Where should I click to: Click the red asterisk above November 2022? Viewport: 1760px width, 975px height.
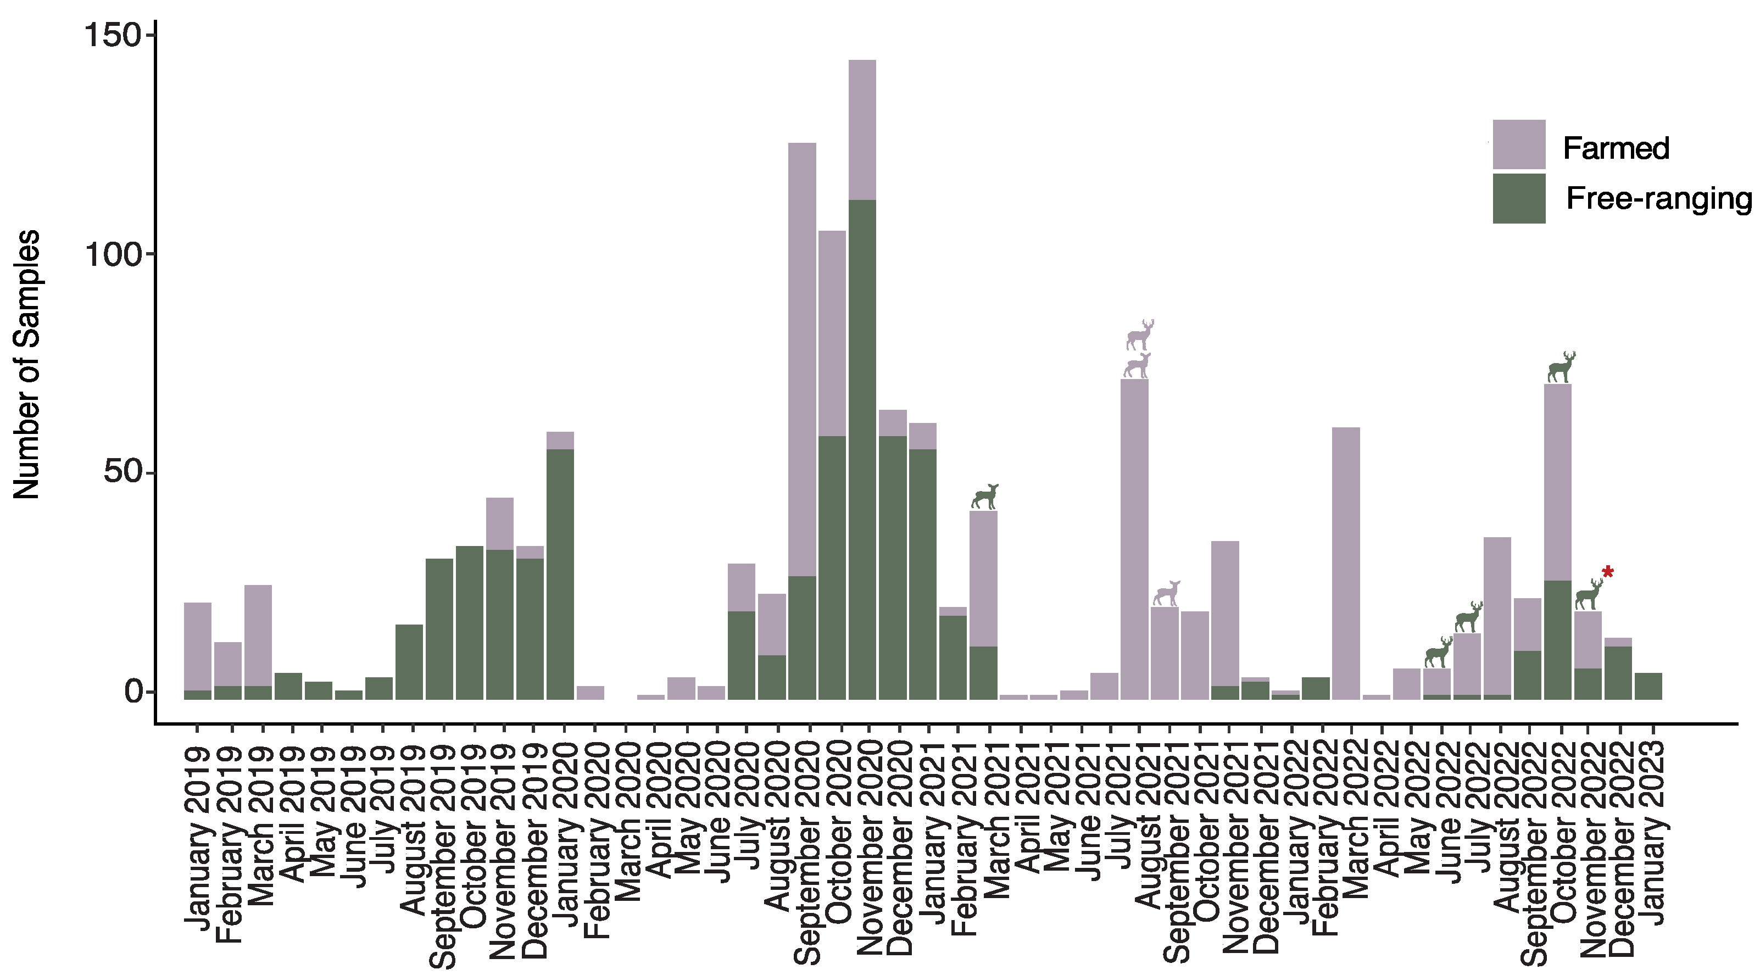pos(1608,572)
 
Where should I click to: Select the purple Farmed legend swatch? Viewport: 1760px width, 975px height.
pos(1518,144)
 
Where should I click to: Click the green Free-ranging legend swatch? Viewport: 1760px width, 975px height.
pos(1518,198)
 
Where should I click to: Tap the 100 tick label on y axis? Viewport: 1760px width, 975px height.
pos(112,255)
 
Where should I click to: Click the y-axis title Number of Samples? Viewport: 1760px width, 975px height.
pos(27,364)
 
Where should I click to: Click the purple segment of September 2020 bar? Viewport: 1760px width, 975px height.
pos(802,355)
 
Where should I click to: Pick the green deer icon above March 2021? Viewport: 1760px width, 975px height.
pos(984,497)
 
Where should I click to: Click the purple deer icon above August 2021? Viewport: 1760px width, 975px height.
pos(1166,593)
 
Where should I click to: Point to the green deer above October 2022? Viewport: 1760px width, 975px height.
pos(1561,367)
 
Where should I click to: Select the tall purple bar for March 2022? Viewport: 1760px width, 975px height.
pos(1346,560)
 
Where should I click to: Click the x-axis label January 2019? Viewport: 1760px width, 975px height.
pos(197,838)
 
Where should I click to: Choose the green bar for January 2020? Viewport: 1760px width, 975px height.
pos(560,574)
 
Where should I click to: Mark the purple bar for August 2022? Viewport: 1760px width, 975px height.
pos(1497,615)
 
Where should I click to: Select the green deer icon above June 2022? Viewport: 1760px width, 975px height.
pos(1438,653)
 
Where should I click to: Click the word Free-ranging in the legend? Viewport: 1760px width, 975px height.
pos(1658,199)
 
